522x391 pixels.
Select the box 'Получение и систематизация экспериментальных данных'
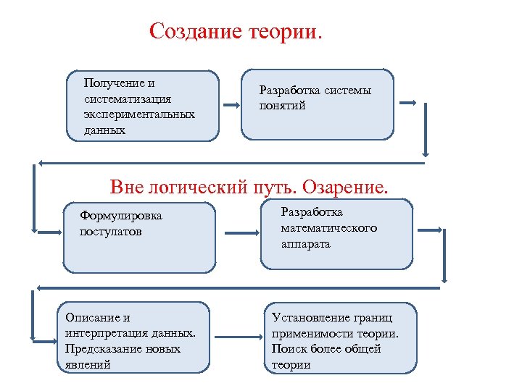(142, 105)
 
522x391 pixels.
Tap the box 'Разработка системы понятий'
(318, 104)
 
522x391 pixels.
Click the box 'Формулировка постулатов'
(139, 236)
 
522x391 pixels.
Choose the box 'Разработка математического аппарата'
(336, 233)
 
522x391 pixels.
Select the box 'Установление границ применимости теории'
(341, 337)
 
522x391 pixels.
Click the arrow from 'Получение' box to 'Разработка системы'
(231, 103)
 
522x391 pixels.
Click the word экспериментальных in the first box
(139, 114)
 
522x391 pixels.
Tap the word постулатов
(111, 232)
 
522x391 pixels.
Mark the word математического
(329, 228)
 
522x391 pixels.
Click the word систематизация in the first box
(127, 98)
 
